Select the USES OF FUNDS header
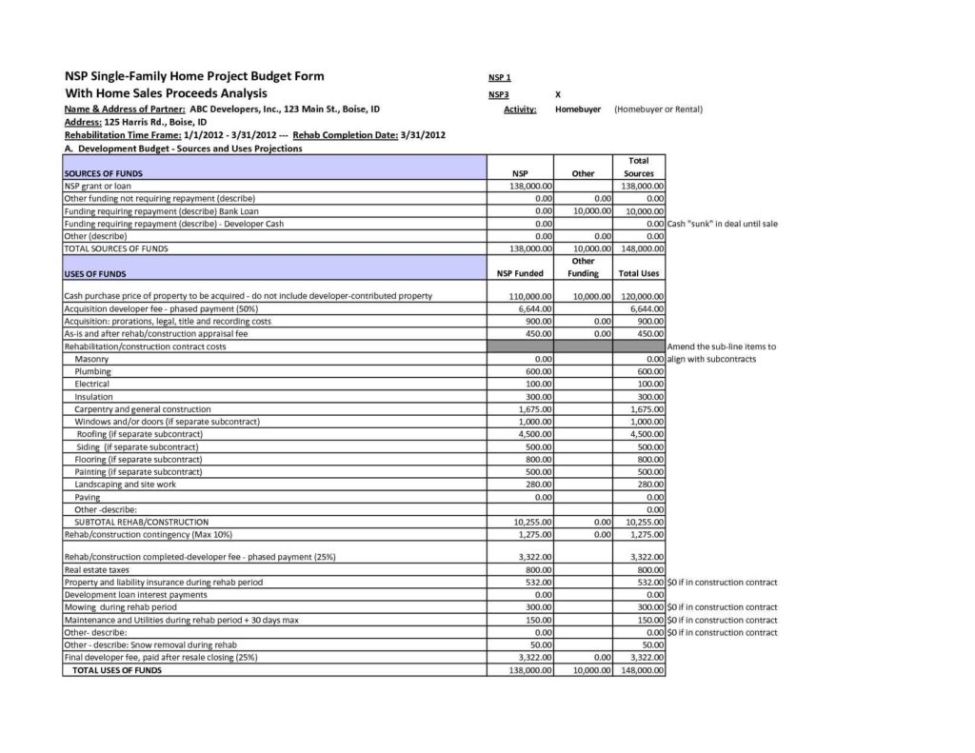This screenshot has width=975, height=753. point(88,273)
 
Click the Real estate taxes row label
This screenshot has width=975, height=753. point(96,569)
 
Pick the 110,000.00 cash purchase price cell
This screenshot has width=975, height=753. point(532,296)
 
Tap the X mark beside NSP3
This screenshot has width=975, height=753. point(557,95)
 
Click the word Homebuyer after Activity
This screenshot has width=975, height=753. point(577,109)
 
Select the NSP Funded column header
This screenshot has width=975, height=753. point(520,273)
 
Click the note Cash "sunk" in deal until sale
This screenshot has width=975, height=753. point(724,223)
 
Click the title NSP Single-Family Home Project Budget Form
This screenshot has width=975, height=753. point(193,75)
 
